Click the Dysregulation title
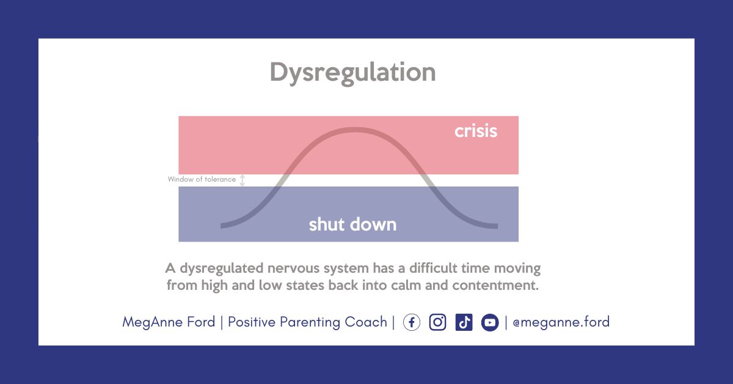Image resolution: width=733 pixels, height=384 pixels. point(353,73)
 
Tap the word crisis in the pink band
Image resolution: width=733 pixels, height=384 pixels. point(476,131)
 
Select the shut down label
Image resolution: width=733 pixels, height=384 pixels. point(353,224)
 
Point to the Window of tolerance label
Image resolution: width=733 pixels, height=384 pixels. point(202,179)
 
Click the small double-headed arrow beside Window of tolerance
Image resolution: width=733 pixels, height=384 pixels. point(242,180)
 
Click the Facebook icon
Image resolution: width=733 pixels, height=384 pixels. point(411,322)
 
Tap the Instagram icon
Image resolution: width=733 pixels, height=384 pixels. point(437,322)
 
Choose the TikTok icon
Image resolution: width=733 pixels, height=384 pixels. point(464,322)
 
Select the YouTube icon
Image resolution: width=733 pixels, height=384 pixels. point(490,322)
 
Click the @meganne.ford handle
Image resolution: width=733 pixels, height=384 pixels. point(561,322)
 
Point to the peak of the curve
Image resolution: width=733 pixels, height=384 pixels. point(355,130)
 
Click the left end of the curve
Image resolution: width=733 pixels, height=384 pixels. point(221,226)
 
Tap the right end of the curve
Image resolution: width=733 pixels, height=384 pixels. point(497,226)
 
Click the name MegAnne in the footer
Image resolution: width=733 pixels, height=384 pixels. point(152,322)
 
